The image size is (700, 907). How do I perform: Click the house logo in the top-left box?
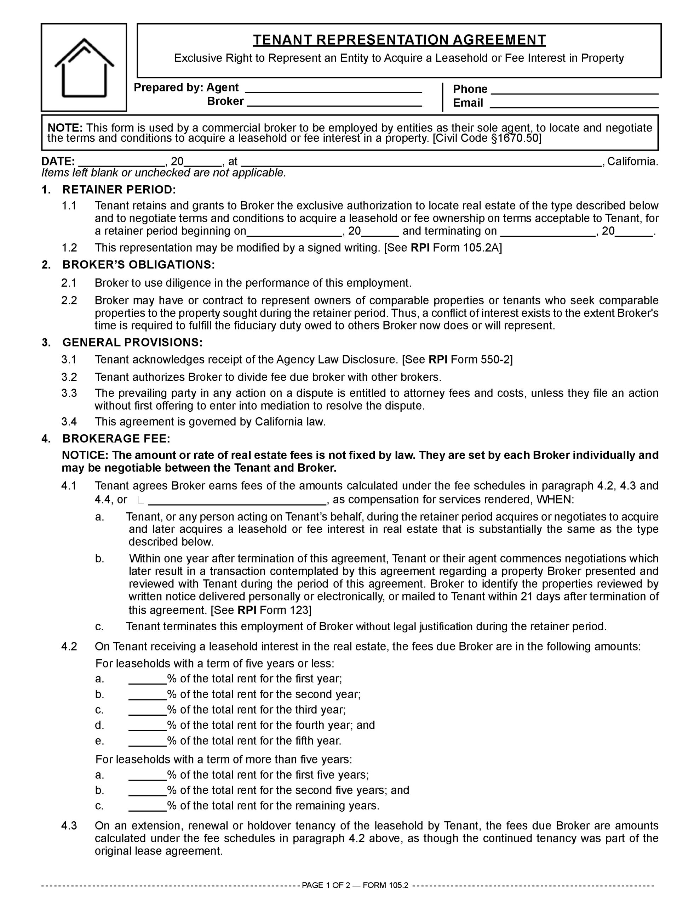pos(84,68)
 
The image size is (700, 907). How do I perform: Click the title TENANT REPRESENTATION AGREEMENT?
pos(399,40)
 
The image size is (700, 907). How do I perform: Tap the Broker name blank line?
pos(334,102)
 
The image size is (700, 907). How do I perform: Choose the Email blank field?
pos(574,103)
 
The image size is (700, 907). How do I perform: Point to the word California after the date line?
pos(632,161)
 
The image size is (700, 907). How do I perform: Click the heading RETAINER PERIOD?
pos(119,190)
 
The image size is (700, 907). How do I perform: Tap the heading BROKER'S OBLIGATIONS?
pos(139,265)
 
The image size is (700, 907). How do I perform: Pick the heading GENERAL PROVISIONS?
pos(132,343)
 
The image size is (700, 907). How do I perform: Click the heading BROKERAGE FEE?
pos(116,439)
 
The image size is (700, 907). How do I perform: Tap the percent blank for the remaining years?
pos(147,806)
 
